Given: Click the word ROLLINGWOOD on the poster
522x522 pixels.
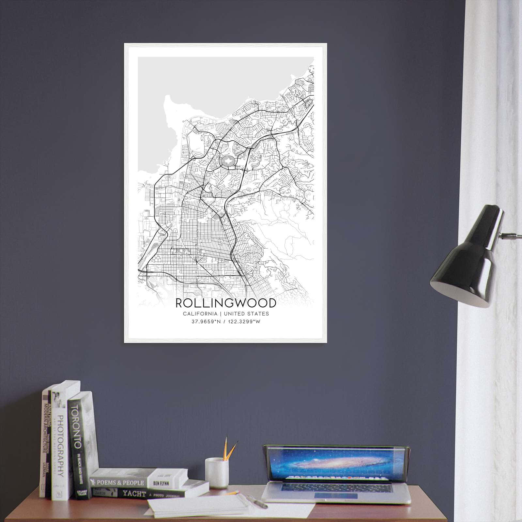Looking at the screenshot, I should pos(226,303).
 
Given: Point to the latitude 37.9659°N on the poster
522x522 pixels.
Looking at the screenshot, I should pos(207,322).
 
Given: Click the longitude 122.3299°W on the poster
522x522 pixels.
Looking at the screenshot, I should pos(245,322).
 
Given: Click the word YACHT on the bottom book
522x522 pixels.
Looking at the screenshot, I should pos(134,494).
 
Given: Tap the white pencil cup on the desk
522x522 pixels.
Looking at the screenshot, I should pos(217,472).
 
